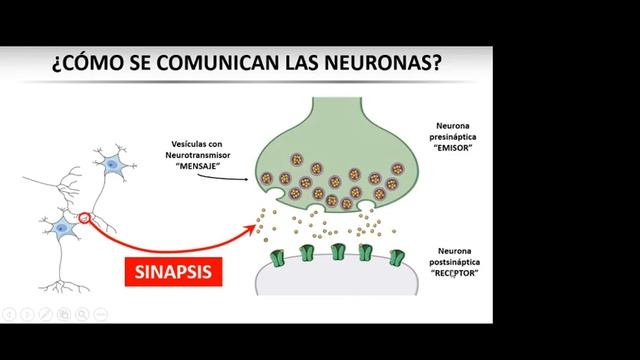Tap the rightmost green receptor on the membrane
point(396,258)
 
